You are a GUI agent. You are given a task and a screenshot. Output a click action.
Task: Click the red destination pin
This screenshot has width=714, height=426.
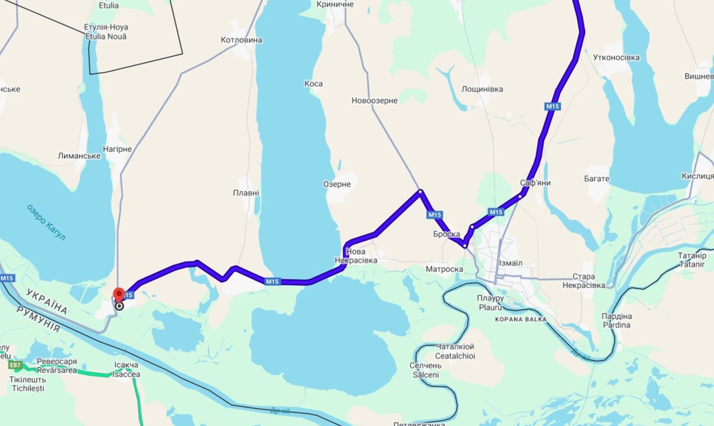(x=119, y=295)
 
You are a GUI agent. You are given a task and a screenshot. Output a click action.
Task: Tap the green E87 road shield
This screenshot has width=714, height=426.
(x=15, y=365)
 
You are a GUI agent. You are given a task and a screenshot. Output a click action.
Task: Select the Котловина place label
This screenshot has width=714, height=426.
(x=241, y=40)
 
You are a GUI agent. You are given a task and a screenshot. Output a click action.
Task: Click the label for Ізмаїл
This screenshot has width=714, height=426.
(x=510, y=263)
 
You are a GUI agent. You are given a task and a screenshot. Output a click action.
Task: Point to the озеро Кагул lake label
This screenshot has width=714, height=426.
(x=46, y=222)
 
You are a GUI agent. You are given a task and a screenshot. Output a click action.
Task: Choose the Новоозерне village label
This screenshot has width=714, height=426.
(x=374, y=100)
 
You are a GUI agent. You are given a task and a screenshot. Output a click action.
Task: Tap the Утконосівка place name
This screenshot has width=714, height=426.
(x=616, y=58)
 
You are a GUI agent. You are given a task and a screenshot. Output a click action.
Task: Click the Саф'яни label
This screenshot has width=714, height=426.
(x=535, y=182)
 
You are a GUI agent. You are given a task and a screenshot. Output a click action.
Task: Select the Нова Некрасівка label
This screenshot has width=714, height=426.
(x=356, y=256)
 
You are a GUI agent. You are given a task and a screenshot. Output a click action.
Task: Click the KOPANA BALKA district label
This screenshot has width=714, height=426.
(x=521, y=319)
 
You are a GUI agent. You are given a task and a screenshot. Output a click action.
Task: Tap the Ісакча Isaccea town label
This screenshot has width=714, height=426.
(x=126, y=369)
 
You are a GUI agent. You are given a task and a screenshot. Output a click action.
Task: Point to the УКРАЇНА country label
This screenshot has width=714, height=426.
(x=47, y=301)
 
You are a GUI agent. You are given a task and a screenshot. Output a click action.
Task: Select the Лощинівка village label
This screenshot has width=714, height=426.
(x=482, y=89)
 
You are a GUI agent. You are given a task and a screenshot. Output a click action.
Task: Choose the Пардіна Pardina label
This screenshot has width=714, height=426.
(x=616, y=321)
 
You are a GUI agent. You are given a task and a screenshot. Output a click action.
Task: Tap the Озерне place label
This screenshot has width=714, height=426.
(x=337, y=184)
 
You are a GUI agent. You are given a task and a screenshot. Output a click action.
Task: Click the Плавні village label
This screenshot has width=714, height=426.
(x=246, y=193)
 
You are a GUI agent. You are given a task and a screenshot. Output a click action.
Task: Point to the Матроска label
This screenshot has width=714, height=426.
(x=444, y=269)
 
